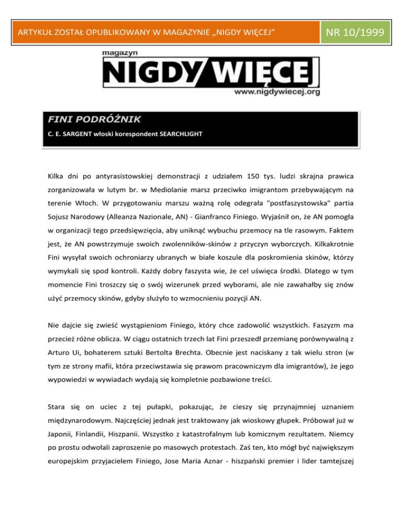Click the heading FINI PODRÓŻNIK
coord(87,120)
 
